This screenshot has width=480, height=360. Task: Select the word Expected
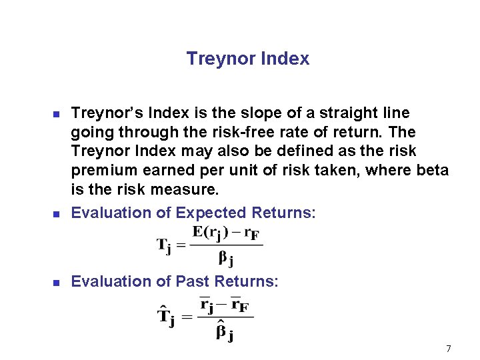coord(210,213)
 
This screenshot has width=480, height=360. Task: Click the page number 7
coord(449,349)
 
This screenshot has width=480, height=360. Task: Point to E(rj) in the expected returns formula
coord(212,233)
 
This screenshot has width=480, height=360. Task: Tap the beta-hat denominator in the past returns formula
coord(224,331)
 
